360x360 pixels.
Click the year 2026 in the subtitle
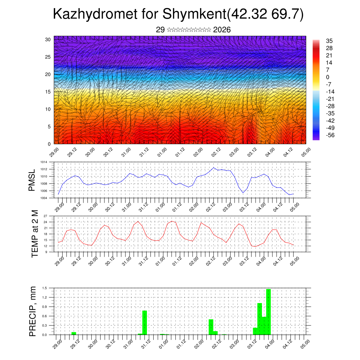(x=222, y=30)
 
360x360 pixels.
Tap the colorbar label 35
(x=329, y=41)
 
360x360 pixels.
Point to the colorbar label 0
(x=328, y=77)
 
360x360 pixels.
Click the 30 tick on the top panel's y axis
(x=49, y=39)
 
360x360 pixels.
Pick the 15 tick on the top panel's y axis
(x=49, y=92)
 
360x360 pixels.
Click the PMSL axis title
(x=32, y=180)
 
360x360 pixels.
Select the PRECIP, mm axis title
(x=33, y=311)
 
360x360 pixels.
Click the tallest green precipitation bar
(x=269, y=311)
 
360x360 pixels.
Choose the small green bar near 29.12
(x=74, y=333)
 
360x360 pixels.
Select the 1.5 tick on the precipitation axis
(x=45, y=288)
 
